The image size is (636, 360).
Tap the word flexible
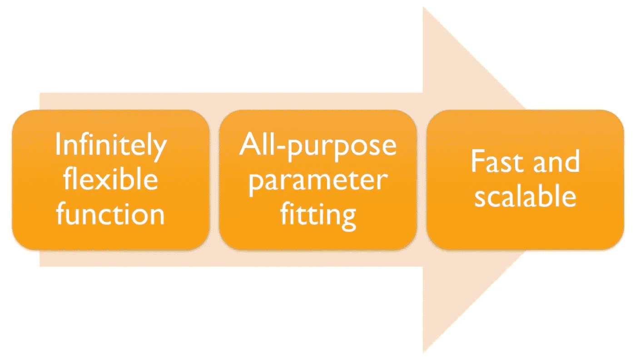point(110,179)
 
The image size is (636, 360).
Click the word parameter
point(318,180)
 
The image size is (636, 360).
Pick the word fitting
point(318,214)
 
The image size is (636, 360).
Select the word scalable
point(526,196)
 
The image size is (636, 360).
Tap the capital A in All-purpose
point(248,145)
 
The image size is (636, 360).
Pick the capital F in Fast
point(477,161)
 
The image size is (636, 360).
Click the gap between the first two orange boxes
point(214,179)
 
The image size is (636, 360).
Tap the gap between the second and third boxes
point(422,179)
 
